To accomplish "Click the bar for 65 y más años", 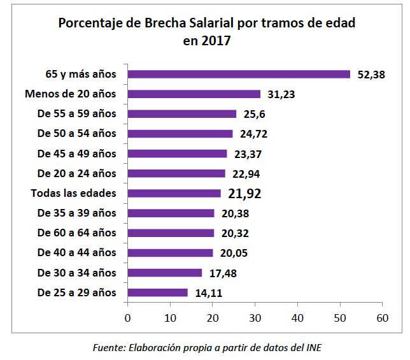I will point(239,74).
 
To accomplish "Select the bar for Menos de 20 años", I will point(194,94).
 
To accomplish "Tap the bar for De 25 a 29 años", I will point(158,292).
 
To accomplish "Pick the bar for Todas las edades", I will point(174,193).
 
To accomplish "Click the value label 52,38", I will point(371,75).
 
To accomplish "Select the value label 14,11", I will point(209,293).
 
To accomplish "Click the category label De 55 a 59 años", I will point(77,114).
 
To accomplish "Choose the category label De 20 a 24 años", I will point(77,173).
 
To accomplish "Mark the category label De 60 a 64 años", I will point(77,233).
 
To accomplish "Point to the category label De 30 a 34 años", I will point(77,273).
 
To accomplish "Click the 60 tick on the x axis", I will point(382,317).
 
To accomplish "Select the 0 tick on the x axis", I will point(128,317).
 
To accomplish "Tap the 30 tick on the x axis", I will point(255,317).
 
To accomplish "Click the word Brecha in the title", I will point(167,24).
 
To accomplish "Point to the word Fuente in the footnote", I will point(108,347).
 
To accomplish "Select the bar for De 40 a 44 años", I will point(170,253).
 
